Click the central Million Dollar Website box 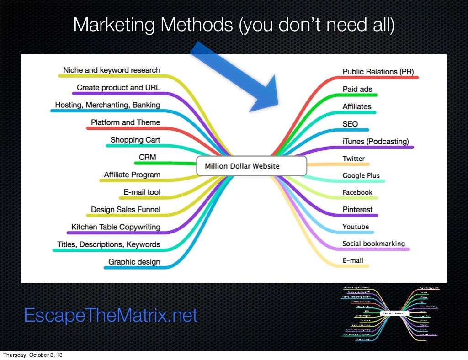click(x=251, y=166)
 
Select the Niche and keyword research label click(x=112, y=70)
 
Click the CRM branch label click(x=148, y=157)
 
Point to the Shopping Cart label click(x=135, y=140)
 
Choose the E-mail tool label click(x=142, y=192)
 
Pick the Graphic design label click(x=134, y=262)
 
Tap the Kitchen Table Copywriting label click(x=116, y=227)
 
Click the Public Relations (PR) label click(x=376, y=72)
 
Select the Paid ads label click(x=357, y=89)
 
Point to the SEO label click(x=350, y=124)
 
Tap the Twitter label click(x=354, y=159)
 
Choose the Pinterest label click(x=357, y=210)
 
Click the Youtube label click(x=356, y=227)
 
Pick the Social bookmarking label click(x=373, y=244)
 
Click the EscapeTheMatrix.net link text click(x=111, y=316)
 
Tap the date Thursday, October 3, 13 click(x=32, y=355)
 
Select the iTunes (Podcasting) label click(x=376, y=141)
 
